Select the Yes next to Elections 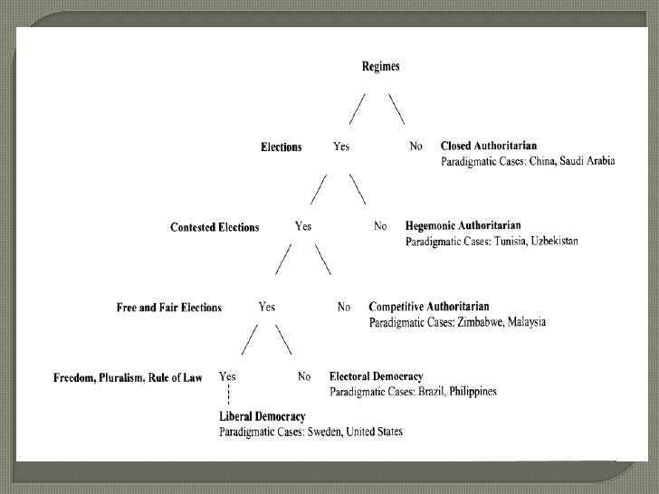341,146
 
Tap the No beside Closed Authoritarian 416,146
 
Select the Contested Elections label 215,227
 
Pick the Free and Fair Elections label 169,308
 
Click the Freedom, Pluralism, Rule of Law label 129,376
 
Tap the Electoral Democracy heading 376,375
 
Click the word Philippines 467,392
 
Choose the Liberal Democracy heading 262,415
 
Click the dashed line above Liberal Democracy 227,395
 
